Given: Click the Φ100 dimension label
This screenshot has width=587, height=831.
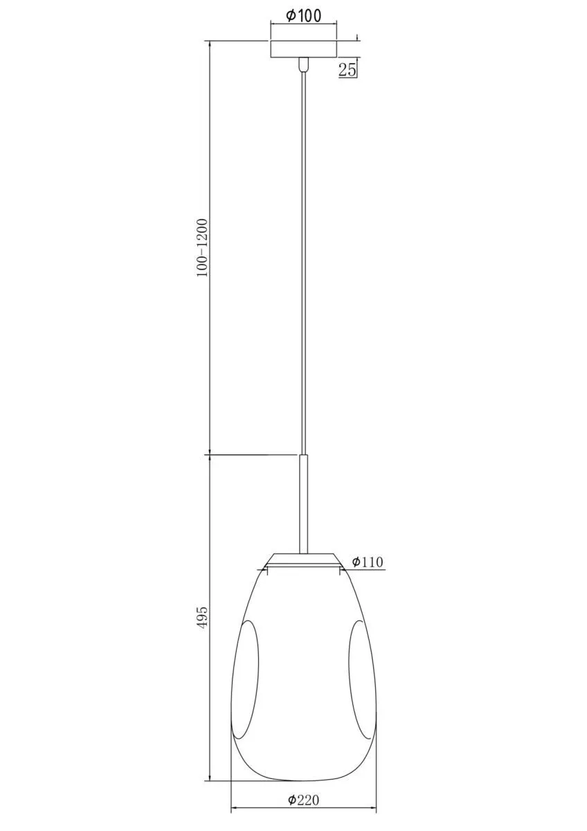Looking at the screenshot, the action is tap(303, 15).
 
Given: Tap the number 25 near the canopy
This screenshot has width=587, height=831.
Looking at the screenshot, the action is tap(347, 69).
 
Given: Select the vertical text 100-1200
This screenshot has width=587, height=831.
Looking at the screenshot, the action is tap(203, 247).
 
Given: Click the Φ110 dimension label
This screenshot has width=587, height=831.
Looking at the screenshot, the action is tap(368, 562).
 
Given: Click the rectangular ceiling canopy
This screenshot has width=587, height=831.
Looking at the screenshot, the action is tap(303, 49).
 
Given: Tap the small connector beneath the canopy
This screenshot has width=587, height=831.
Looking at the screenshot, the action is tap(303, 64).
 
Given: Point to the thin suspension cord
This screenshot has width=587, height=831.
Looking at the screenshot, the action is tap(303, 262).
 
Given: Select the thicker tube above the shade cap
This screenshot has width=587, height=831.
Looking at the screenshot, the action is tap(303, 504).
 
